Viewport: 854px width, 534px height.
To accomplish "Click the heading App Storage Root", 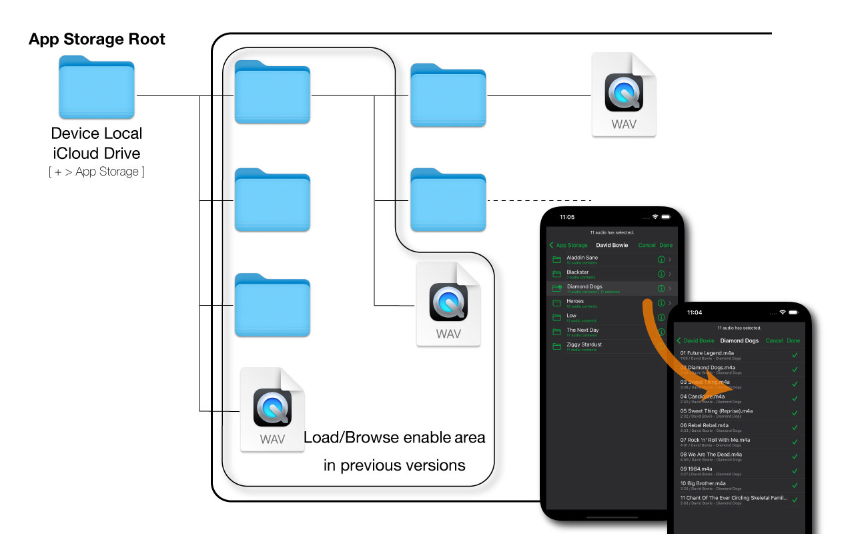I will pyautogui.click(x=97, y=39).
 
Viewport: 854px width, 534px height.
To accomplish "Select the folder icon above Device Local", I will pyautogui.click(x=97, y=87).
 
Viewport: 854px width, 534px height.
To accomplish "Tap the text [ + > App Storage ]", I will pyautogui.click(x=97, y=172).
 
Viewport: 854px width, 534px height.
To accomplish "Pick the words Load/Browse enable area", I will pyautogui.click(x=394, y=438).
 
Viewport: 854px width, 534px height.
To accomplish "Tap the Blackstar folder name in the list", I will pyautogui.click(x=578, y=272).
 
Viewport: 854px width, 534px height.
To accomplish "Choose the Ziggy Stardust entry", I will pyautogui.click(x=584, y=344).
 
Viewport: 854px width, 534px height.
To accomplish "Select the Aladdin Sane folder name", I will pyautogui.click(x=582, y=258).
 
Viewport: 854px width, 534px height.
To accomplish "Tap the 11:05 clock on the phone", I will pyautogui.click(x=567, y=217).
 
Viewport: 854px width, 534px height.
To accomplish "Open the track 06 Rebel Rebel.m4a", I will pyautogui.click(x=705, y=425).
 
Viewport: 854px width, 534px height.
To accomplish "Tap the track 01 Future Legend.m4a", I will pyautogui.click(x=707, y=353).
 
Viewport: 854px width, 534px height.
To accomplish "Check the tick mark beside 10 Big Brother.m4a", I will pyautogui.click(x=795, y=485).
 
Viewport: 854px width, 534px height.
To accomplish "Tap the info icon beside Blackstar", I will pyautogui.click(x=661, y=274).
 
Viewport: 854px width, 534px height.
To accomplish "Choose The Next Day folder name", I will pyautogui.click(x=583, y=330).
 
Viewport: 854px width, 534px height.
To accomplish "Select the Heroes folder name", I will pyautogui.click(x=575, y=301).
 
